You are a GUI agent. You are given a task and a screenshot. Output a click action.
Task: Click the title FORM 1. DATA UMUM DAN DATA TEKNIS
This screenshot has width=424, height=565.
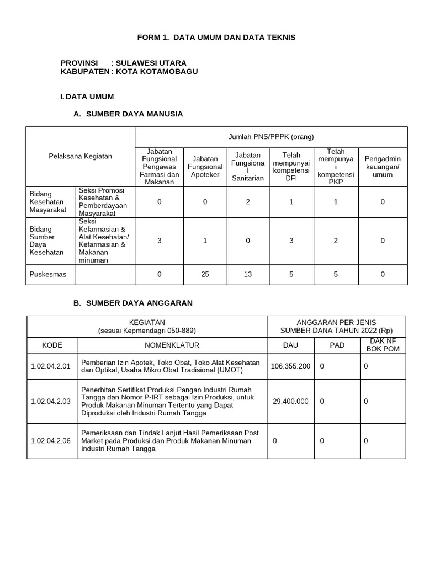tap(216, 37)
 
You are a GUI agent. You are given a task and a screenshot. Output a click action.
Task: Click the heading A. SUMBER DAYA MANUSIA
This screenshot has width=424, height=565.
tap(128, 114)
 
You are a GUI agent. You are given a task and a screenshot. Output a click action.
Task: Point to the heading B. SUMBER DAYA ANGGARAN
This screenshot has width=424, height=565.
tap(132, 303)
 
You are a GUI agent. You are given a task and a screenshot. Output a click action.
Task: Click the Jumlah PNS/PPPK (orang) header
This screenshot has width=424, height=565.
tap(271, 137)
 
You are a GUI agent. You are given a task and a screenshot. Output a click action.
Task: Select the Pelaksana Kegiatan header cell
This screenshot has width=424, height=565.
tap(81, 156)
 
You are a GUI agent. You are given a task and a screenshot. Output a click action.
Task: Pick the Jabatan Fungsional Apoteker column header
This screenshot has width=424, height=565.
tap(205, 167)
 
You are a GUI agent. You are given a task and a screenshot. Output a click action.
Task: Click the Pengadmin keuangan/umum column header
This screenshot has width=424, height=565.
tap(383, 167)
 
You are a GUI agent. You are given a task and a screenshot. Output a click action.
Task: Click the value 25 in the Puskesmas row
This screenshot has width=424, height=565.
tap(205, 274)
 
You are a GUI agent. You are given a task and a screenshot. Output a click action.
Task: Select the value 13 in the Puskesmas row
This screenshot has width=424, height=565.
tap(248, 274)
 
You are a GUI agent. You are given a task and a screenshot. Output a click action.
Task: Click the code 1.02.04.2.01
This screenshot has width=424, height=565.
tap(52, 366)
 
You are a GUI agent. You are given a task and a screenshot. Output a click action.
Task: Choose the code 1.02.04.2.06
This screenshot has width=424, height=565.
tap(52, 441)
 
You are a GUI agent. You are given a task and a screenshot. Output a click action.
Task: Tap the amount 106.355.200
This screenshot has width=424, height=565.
tap(290, 366)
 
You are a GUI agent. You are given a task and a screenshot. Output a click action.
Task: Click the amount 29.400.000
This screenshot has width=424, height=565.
tap(290, 402)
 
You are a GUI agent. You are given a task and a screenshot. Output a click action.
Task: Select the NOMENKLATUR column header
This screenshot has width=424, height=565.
tap(172, 345)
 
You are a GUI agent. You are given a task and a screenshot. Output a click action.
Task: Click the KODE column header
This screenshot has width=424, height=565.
tap(52, 345)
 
